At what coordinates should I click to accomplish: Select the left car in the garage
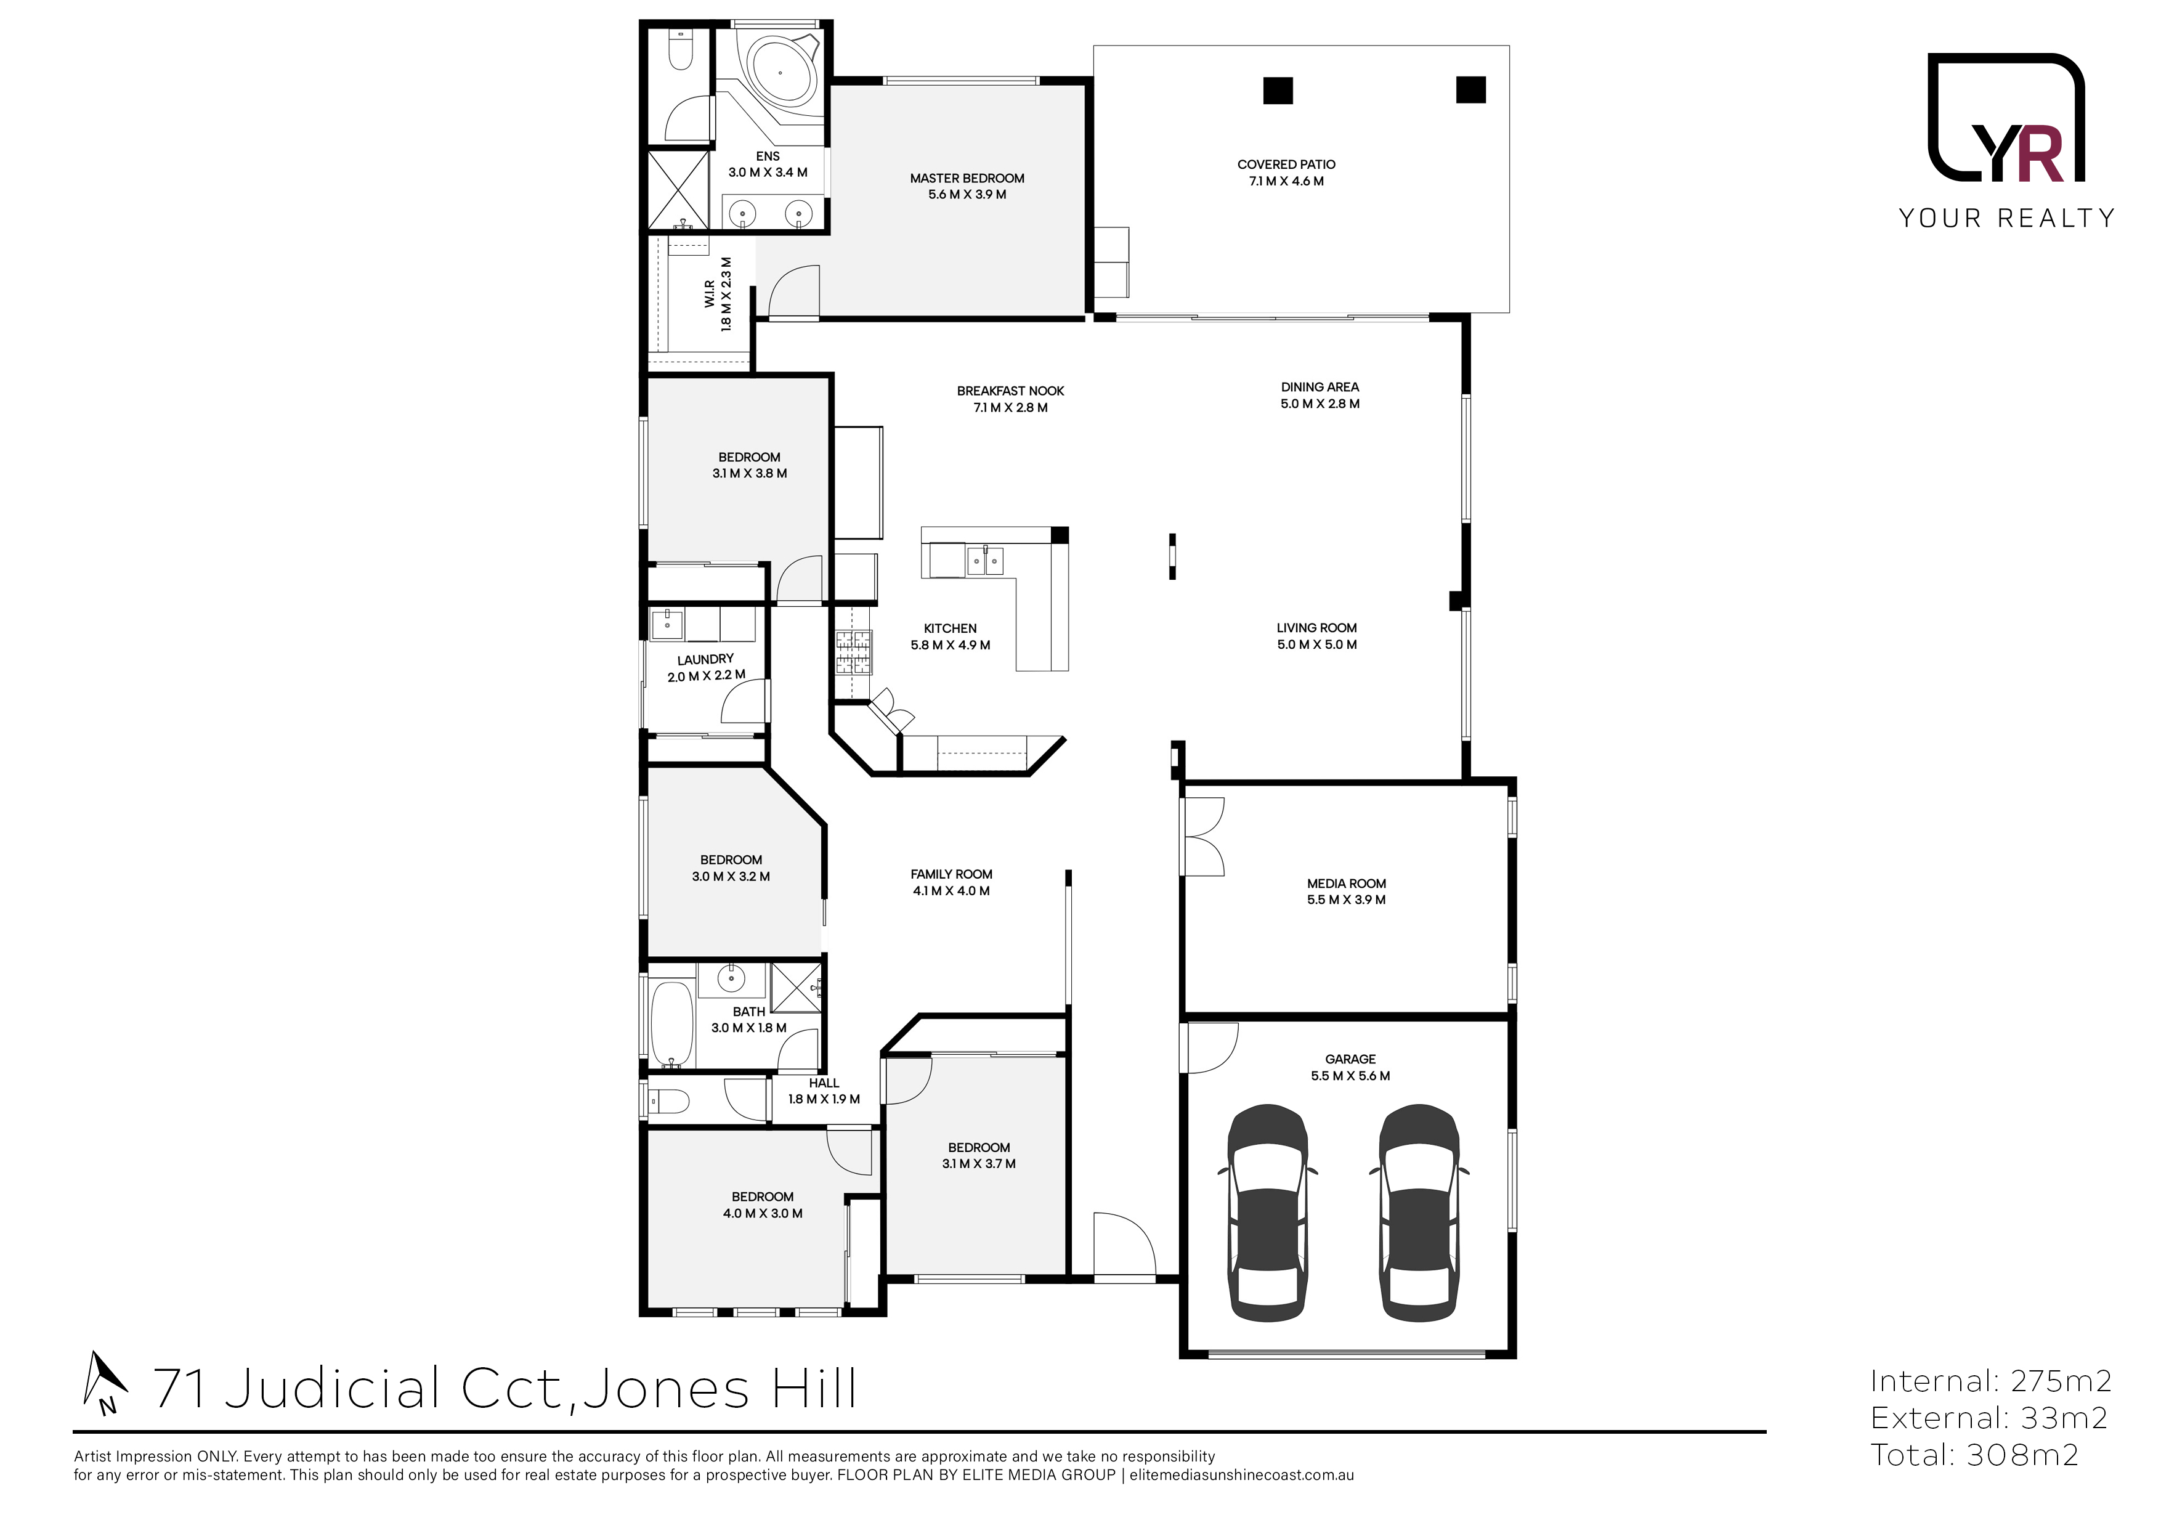pyautogui.click(x=1267, y=1213)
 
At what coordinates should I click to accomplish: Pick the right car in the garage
pyautogui.click(x=1419, y=1213)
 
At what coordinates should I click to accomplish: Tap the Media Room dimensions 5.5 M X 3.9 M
pyautogui.click(x=1346, y=900)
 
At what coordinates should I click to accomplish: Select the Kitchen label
pyautogui.click(x=950, y=628)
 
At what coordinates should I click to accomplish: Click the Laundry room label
pyautogui.click(x=705, y=659)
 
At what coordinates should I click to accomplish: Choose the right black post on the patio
pyautogui.click(x=1470, y=89)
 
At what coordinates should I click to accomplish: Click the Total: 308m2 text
pyautogui.click(x=1974, y=1455)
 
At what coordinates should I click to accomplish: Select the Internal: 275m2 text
pyautogui.click(x=1990, y=1381)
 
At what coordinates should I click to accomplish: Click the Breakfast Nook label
pyautogui.click(x=1010, y=391)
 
